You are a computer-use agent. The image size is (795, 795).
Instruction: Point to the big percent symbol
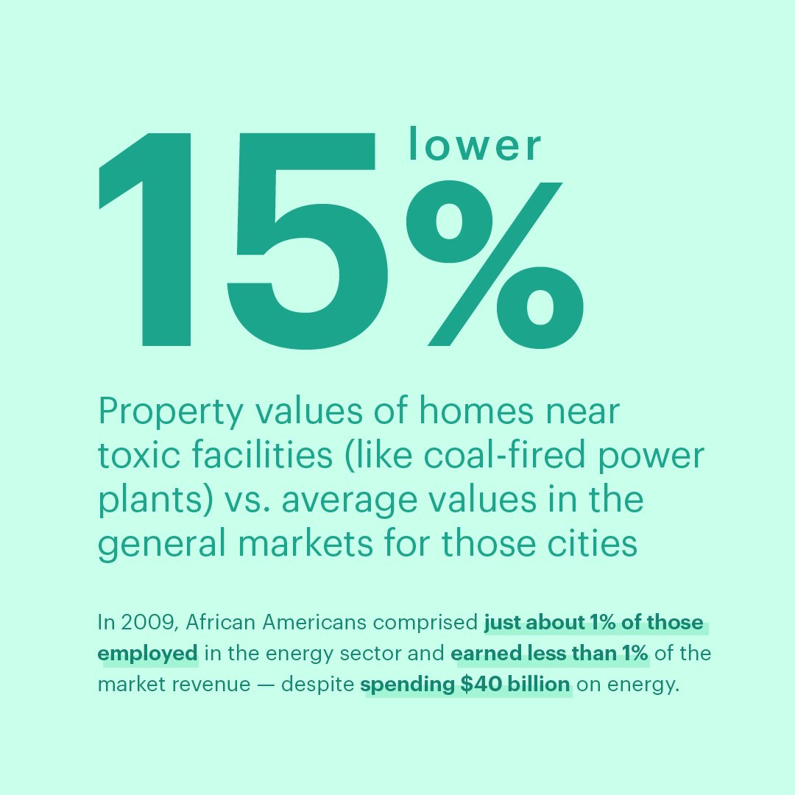coord(495,264)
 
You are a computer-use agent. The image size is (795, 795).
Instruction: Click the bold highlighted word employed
coord(147,654)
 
